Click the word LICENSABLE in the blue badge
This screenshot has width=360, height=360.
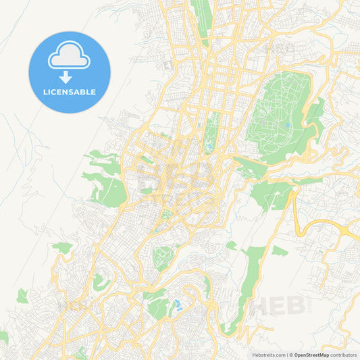[70, 92]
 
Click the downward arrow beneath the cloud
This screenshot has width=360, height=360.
[66, 76]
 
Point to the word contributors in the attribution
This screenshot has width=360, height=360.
[344, 354]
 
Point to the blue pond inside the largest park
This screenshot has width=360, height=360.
[288, 125]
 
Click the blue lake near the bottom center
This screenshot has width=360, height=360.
[178, 305]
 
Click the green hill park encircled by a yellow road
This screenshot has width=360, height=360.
[163, 257]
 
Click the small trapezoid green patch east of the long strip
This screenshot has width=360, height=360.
[279, 251]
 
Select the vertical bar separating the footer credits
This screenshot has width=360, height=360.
[288, 354]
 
